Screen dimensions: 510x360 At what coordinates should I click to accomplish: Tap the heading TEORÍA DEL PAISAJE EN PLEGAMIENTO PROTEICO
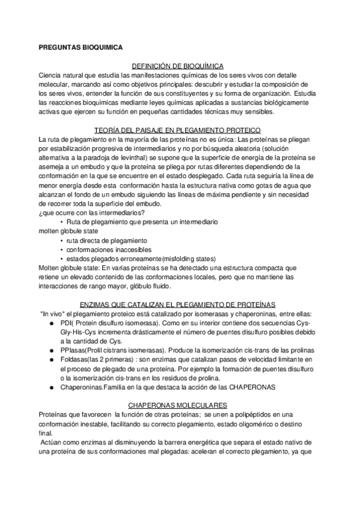click(179, 131)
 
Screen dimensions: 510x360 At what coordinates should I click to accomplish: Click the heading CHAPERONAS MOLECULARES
click(179, 406)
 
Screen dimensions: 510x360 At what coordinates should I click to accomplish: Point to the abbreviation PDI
click(67, 322)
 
